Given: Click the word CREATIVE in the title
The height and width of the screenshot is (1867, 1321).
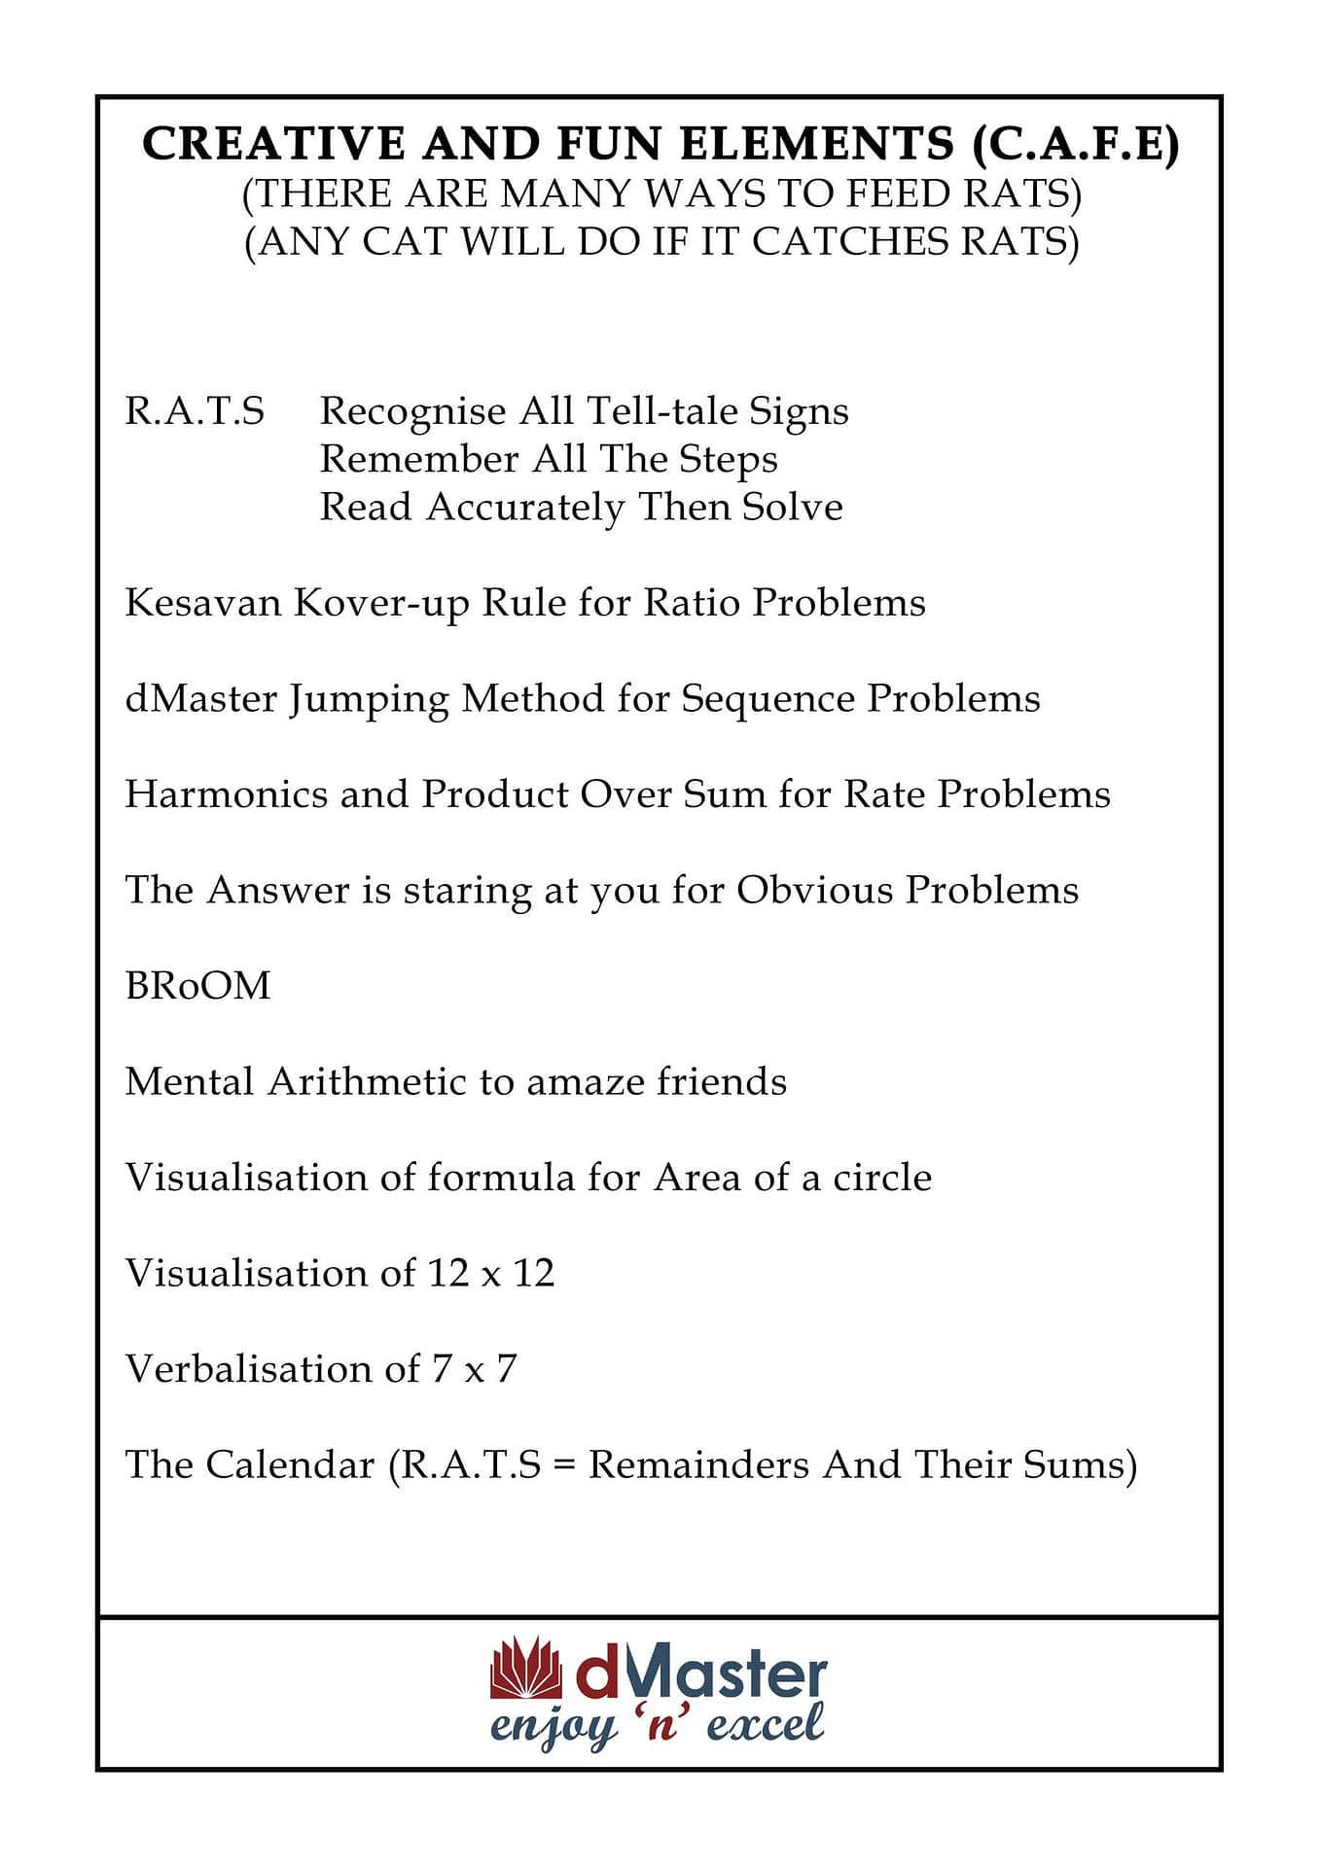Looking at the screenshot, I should coord(273,144).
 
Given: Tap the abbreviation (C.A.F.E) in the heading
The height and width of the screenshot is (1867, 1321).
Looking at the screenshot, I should coord(1075,144).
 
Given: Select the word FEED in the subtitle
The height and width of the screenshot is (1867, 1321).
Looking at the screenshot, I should coord(901,194).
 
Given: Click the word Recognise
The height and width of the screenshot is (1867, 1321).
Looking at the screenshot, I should coord(412,411).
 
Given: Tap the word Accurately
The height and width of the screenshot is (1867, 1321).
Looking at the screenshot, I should coord(525,508).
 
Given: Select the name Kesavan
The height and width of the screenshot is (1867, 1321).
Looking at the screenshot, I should coord(202,603).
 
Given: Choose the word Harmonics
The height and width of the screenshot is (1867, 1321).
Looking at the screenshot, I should coord(226,794).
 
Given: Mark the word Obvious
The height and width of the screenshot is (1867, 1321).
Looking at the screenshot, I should coord(813,890).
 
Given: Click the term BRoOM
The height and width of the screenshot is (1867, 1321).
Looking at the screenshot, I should coord(197,986).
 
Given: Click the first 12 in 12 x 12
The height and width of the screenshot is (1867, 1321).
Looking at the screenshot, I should coord(447,1273).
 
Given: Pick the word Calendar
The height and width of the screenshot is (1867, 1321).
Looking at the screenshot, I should coord(290,1464).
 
